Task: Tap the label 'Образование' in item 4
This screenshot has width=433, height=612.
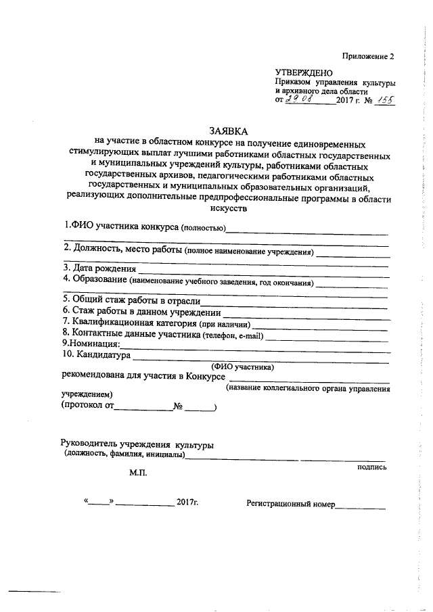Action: click(95, 280)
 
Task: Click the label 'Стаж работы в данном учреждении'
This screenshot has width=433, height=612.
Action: click(141, 312)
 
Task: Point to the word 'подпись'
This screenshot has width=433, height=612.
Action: click(371, 467)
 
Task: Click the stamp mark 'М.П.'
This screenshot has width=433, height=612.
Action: click(138, 474)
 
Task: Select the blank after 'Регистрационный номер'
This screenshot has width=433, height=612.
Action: click(361, 506)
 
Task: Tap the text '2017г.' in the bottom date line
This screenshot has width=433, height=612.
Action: click(187, 502)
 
